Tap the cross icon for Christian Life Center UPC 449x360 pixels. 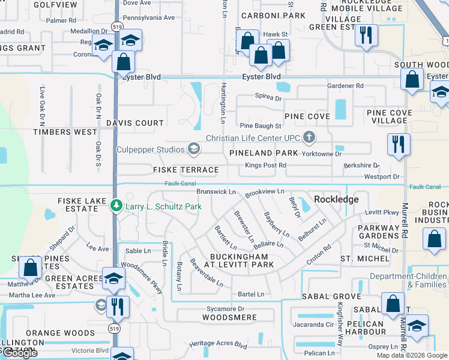309,137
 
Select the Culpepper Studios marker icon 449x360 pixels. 193,148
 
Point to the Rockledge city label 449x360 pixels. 336,199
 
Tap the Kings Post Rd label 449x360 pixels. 264,165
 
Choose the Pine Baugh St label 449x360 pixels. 261,126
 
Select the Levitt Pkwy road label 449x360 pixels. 382,212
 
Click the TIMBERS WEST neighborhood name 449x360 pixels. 65,132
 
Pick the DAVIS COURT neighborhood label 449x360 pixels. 135,123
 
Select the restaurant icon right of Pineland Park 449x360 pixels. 399,145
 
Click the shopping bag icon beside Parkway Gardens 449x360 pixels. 434,239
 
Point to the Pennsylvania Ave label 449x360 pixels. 148,18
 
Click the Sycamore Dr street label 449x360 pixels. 223,308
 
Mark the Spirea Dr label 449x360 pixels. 268,97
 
